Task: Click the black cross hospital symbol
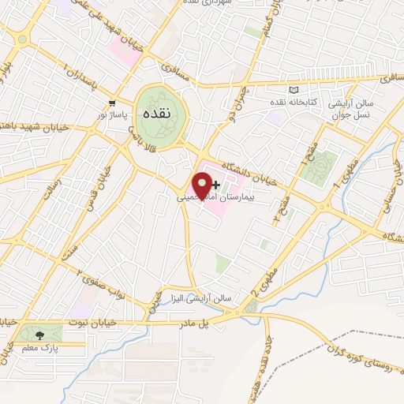(215, 183)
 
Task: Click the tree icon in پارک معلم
(39, 335)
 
